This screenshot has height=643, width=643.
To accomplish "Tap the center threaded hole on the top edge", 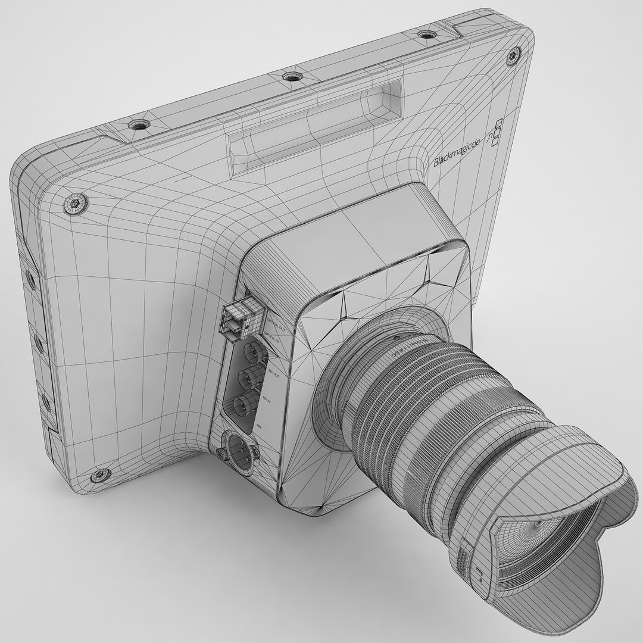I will (291, 76).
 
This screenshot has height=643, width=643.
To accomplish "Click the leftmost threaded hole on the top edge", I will (139, 124).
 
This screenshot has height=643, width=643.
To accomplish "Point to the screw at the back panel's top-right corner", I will (513, 57).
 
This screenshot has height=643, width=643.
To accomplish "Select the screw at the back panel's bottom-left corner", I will (99, 475).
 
